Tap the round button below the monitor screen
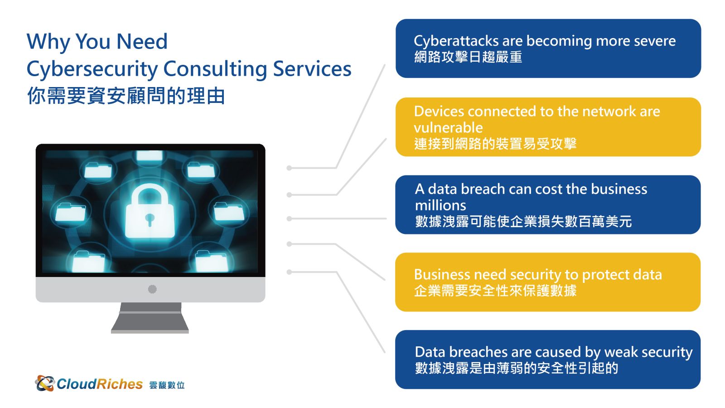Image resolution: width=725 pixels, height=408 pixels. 152,289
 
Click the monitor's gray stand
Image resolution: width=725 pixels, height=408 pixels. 150,318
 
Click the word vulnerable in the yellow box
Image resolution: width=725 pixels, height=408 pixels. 448,127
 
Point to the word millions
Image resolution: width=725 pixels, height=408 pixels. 440,205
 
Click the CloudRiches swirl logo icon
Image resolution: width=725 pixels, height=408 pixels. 45,384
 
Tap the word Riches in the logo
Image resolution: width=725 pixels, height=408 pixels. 120,384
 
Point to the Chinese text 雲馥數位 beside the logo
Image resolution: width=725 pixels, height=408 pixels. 167,385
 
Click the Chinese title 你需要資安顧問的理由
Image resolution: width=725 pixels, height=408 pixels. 126,96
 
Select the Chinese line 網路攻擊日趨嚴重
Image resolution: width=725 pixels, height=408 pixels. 468,57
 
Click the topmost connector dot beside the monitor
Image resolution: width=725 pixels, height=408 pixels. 290,168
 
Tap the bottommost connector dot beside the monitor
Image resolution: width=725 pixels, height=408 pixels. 290,272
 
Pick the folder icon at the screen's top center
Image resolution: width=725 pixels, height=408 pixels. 150,155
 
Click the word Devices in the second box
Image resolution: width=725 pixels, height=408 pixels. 439,112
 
